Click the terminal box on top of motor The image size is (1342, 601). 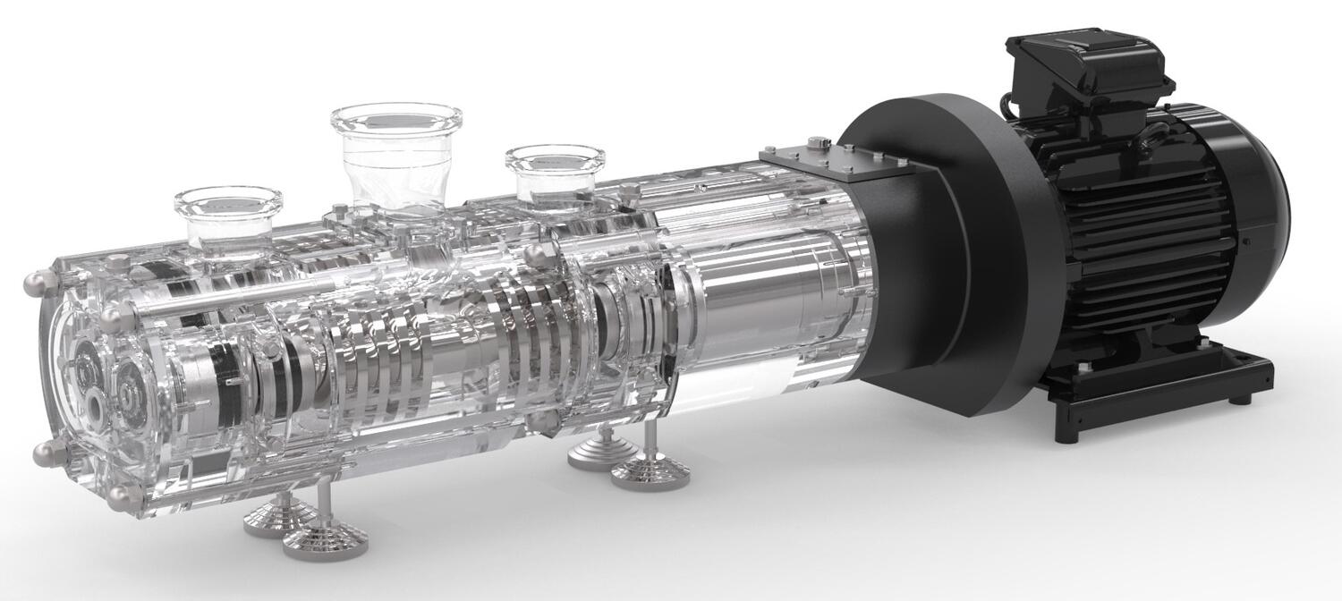coord(1087,66)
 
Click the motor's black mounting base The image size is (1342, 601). coord(1163,385)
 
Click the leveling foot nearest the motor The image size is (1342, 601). coord(650,470)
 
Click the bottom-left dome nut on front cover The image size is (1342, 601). coord(47,453)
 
